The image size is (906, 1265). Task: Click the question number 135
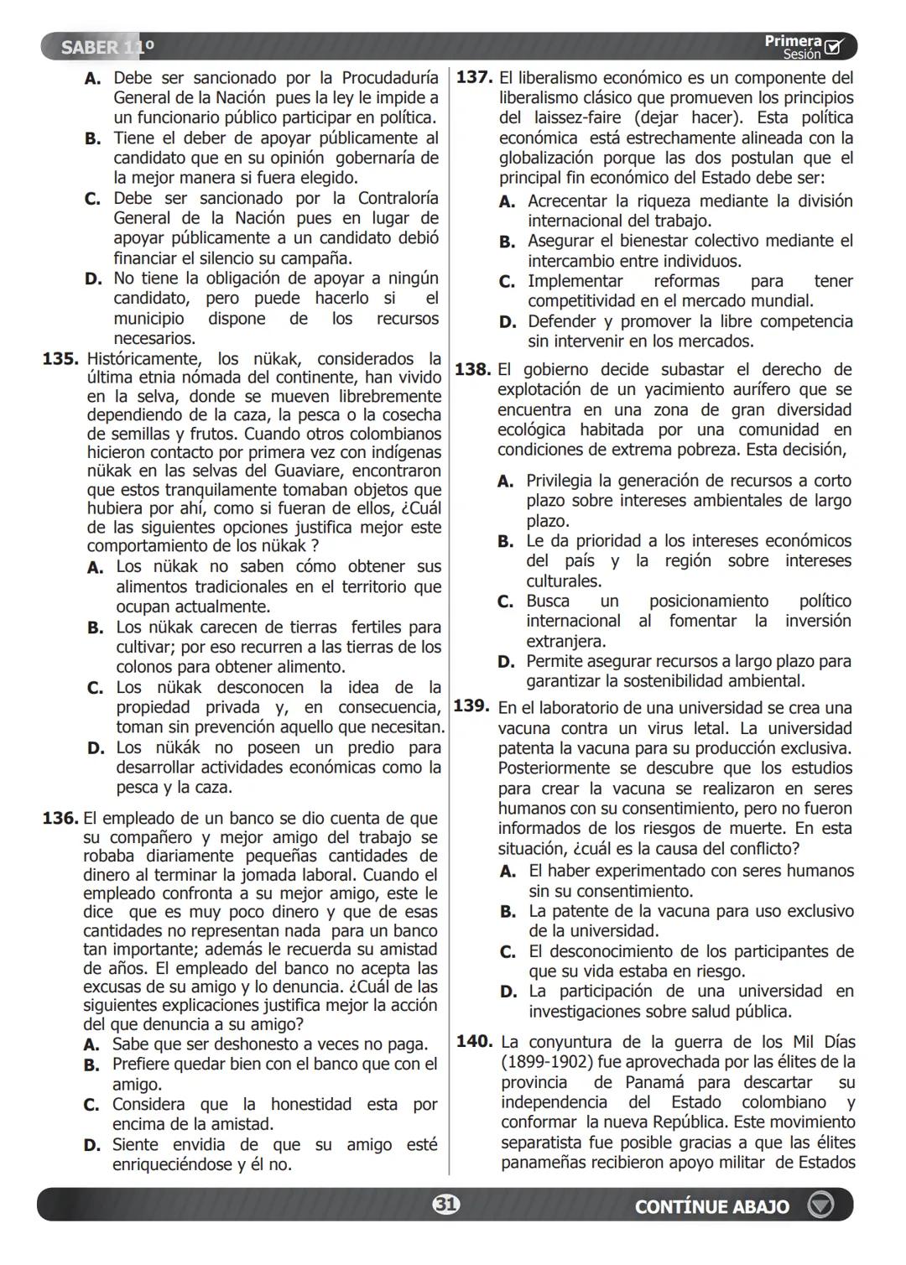pyautogui.click(x=60, y=360)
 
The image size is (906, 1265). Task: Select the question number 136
pyautogui.click(x=60, y=818)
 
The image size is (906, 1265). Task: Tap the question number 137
pyautogui.click(x=473, y=78)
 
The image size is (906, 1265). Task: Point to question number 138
pyautogui.click(x=472, y=369)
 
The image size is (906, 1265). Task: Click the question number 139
pyautogui.click(x=471, y=706)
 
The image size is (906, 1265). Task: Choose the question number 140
pyautogui.click(x=474, y=1041)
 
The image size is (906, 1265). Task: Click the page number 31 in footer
pyautogui.click(x=446, y=1205)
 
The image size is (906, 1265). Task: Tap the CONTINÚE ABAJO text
pyautogui.click(x=711, y=1206)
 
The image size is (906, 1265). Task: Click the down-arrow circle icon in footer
pyautogui.click(x=820, y=1205)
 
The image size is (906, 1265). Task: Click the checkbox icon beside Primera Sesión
pyautogui.click(x=835, y=47)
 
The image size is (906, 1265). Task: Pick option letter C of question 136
pyautogui.click(x=91, y=1106)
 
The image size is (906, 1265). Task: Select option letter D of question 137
pyautogui.click(x=507, y=322)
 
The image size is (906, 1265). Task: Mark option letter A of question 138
pyautogui.click(x=505, y=482)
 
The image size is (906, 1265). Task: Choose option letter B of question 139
pyautogui.click(x=508, y=912)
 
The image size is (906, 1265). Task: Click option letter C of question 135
pyautogui.click(x=95, y=689)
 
